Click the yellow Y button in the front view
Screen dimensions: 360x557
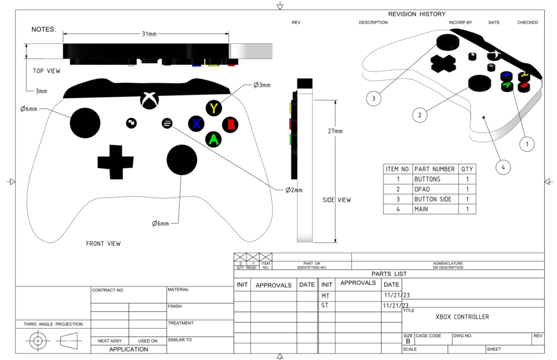coord(215,108)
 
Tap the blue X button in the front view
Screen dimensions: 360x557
coord(197,123)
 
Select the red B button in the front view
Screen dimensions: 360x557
coord(231,124)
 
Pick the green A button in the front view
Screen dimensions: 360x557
coord(214,139)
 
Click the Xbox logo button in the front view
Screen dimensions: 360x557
coord(149,100)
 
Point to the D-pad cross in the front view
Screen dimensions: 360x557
coord(115,162)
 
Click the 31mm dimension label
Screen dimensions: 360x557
coord(149,34)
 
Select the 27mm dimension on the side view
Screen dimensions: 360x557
coord(335,132)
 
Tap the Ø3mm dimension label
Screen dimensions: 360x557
coord(262,85)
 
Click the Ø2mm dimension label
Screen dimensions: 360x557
coord(294,190)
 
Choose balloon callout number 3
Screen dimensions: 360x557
coord(374,99)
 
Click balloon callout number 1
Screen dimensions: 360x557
coord(526,143)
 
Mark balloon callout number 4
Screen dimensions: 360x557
coord(503,167)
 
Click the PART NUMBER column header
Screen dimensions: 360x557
coord(435,169)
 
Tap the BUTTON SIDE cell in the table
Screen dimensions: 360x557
coord(432,199)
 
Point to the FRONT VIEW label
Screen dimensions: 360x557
coord(103,243)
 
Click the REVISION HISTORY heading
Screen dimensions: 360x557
coord(417,14)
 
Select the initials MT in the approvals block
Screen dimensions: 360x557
coord(325,296)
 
